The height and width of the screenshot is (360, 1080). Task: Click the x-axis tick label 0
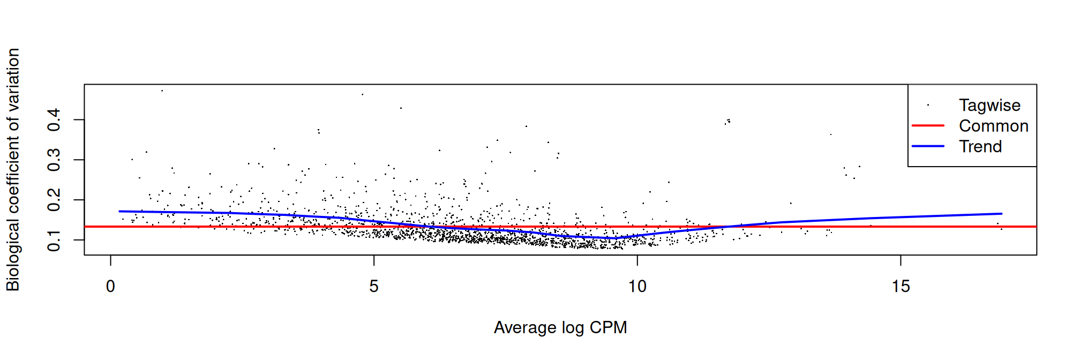point(110,287)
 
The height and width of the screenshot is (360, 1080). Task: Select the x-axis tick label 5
point(374,287)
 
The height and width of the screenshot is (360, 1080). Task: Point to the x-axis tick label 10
point(637,287)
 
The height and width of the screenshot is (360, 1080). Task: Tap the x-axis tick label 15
point(901,287)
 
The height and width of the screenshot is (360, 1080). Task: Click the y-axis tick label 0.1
point(54,240)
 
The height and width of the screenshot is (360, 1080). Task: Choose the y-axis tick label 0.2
point(54,200)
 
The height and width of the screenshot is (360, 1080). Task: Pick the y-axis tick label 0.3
point(54,160)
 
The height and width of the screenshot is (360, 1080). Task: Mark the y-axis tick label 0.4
point(54,119)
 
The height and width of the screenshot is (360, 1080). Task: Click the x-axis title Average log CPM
point(560,327)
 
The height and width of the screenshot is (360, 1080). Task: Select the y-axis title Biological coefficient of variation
point(13,169)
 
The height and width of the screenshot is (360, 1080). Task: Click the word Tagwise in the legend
point(989,106)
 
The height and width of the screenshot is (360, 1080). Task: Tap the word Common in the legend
point(994,126)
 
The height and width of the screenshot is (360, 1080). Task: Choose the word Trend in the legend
point(980,146)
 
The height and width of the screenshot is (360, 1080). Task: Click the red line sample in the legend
point(928,125)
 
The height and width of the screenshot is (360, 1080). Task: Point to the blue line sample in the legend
point(928,146)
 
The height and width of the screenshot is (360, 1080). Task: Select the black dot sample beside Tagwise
point(928,105)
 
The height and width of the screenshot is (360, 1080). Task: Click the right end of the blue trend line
point(1001,214)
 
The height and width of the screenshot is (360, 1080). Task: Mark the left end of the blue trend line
point(119,211)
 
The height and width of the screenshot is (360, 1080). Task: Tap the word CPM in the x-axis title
point(609,327)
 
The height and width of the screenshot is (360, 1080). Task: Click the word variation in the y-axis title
point(13,80)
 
